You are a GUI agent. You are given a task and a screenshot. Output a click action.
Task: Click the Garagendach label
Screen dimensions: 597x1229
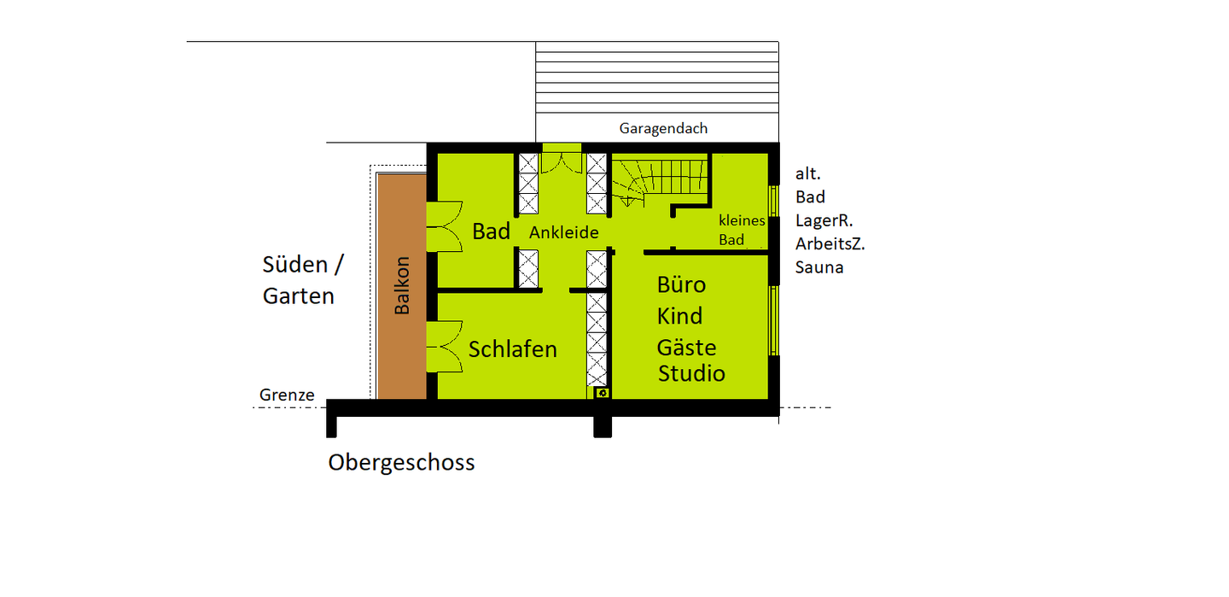[x=663, y=129]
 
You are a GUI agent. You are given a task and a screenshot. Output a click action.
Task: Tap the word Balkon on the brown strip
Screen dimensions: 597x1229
[x=402, y=285]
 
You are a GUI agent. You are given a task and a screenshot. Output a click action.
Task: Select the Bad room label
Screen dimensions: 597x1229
[x=491, y=231]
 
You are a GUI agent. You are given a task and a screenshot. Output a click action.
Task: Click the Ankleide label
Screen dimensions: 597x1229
[x=563, y=232]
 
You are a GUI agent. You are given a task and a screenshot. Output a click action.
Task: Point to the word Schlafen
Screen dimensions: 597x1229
[x=512, y=349]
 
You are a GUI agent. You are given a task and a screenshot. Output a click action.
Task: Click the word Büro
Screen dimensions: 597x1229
[x=681, y=284]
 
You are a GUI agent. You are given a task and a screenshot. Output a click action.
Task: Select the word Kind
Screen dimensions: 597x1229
[x=679, y=316]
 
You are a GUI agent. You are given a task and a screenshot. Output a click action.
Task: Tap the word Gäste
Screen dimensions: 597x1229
[x=686, y=348]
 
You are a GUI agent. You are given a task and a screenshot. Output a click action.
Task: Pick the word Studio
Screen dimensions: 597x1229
[x=691, y=373]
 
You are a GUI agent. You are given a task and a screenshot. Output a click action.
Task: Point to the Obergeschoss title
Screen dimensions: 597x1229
[x=401, y=463]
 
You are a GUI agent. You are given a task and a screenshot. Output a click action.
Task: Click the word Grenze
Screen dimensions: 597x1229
[x=287, y=395]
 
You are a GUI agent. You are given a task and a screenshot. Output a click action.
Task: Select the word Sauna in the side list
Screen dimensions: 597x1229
[x=818, y=267]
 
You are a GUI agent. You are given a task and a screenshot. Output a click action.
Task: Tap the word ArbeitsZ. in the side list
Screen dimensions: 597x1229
[x=830, y=244]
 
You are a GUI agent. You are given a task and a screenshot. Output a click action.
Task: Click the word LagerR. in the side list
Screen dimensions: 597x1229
[x=824, y=220]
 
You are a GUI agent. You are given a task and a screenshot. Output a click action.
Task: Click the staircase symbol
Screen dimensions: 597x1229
[x=661, y=179]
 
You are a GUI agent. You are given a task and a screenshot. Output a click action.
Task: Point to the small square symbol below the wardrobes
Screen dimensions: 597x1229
[x=603, y=393]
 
